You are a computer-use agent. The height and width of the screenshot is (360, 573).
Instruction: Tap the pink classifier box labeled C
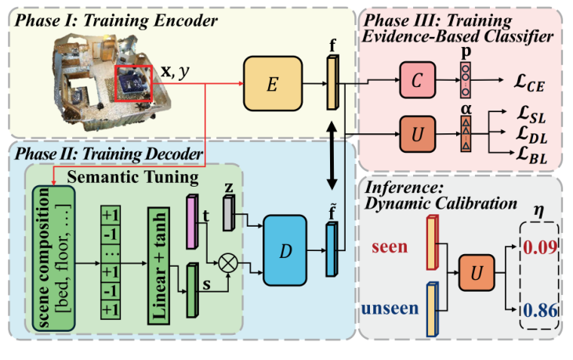(x=422, y=81)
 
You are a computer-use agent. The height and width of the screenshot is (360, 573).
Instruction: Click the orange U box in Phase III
(x=422, y=130)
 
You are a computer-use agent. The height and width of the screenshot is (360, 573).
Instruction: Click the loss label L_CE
(x=535, y=81)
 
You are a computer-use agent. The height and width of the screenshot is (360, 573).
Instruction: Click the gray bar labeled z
(x=229, y=213)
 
